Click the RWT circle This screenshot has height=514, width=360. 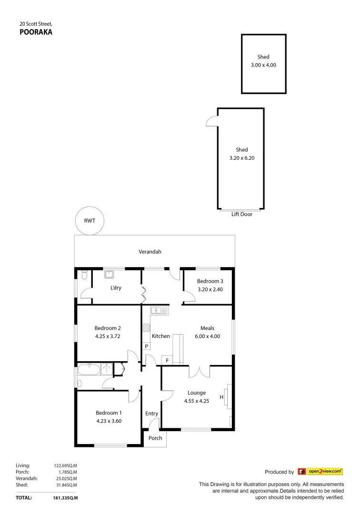90,221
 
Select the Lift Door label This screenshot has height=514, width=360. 241,215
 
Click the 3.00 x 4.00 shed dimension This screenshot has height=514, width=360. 263,65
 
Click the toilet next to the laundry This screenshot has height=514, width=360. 84,275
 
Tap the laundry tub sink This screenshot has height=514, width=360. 109,275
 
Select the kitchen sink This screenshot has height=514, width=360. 159,311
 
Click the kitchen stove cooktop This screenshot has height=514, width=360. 146,327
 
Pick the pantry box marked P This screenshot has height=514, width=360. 146,346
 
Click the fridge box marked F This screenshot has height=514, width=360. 167,360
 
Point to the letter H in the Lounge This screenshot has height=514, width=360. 221,397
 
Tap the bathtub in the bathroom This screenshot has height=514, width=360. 90,369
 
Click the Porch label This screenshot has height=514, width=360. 155,438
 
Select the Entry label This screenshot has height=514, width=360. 151,414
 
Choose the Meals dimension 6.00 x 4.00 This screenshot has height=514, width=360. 207,336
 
